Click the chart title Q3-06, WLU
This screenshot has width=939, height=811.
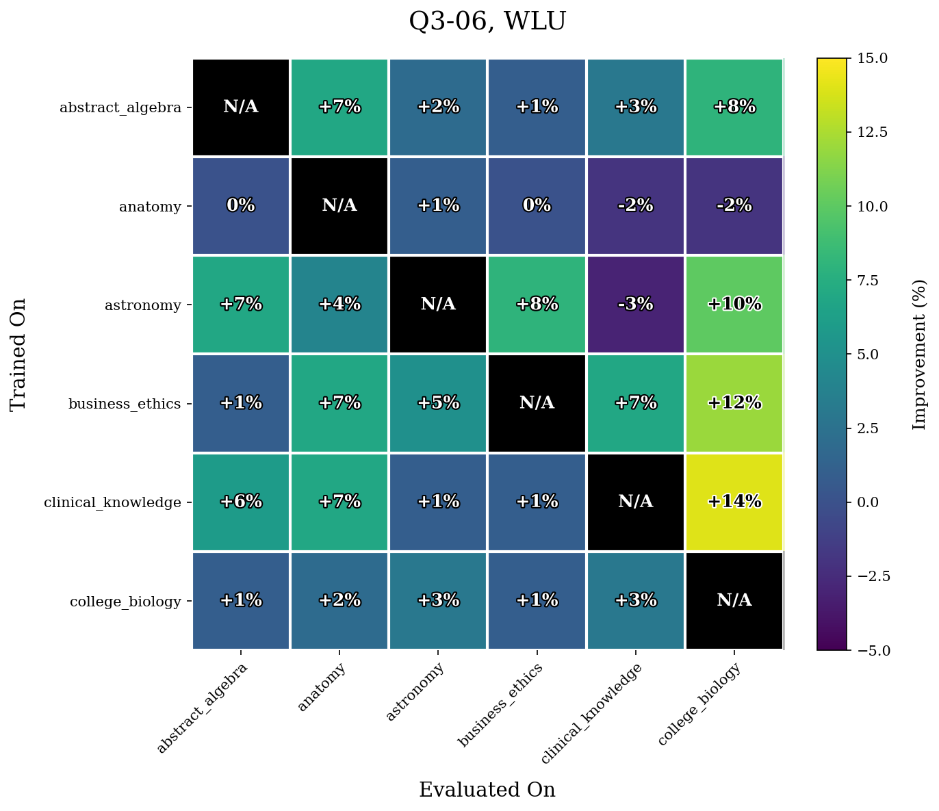pyautogui.click(x=487, y=22)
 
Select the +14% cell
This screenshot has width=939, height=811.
pyautogui.click(x=734, y=502)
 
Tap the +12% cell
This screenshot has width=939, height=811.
pyautogui.click(x=734, y=403)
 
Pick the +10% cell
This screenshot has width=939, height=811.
pyautogui.click(x=734, y=305)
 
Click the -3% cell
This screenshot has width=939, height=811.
pyautogui.click(x=636, y=305)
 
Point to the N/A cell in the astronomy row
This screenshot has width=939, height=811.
pyautogui.click(x=438, y=305)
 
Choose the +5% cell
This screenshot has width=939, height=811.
pyautogui.click(x=438, y=403)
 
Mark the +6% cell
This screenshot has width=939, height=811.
pyautogui.click(x=241, y=502)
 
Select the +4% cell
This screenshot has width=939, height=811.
pyautogui.click(x=339, y=305)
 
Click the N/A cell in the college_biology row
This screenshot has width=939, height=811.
pyautogui.click(x=734, y=600)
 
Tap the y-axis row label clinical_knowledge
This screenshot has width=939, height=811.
pyautogui.click(x=112, y=502)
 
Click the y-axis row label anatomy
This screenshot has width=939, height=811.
pyautogui.click(x=150, y=206)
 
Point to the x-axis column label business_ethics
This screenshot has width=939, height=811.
pyautogui.click(x=500, y=705)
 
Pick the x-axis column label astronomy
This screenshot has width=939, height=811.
pyautogui.click(x=415, y=693)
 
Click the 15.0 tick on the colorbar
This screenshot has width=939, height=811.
pyautogui.click(x=869, y=58)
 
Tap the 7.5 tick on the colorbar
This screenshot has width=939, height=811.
pyautogui.click(x=865, y=280)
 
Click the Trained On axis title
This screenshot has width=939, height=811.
pyautogui.click(x=18, y=354)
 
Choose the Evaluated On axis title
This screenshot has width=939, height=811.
pyautogui.click(x=487, y=790)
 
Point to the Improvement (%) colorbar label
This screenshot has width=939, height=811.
pyautogui.click(x=920, y=354)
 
